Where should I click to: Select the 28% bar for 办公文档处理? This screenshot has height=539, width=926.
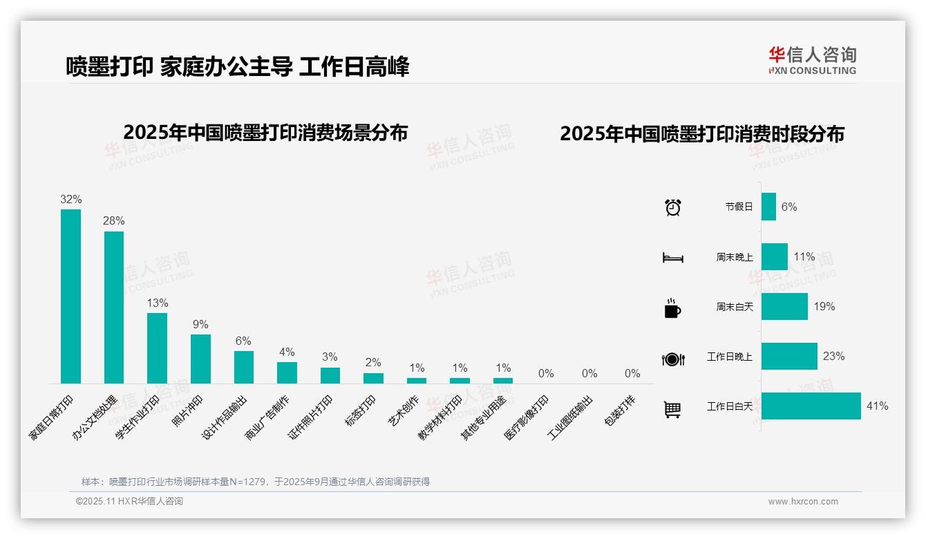(x=114, y=307)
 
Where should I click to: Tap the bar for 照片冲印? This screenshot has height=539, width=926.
(x=200, y=359)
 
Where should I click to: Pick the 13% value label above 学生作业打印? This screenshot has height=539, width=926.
(x=158, y=303)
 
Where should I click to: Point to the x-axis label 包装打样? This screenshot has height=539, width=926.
(x=620, y=411)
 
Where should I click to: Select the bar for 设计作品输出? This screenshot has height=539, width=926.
(x=244, y=367)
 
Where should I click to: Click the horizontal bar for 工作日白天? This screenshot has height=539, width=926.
(x=811, y=406)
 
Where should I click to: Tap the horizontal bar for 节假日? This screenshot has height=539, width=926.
(x=768, y=207)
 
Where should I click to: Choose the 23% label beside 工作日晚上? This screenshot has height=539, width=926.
(x=833, y=357)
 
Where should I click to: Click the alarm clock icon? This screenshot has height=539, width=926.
(x=672, y=207)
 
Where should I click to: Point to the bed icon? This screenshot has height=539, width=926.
(x=672, y=258)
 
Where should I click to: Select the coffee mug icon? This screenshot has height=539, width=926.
(x=672, y=308)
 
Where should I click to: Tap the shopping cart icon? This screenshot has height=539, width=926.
(x=672, y=409)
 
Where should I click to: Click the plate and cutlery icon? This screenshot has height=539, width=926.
(x=672, y=359)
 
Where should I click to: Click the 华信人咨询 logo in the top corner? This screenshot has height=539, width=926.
(x=812, y=60)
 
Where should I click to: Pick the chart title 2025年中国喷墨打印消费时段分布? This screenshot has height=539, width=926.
(x=701, y=134)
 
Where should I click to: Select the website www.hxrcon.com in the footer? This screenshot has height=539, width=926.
(x=803, y=502)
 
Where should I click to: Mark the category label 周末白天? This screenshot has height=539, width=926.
(x=734, y=307)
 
